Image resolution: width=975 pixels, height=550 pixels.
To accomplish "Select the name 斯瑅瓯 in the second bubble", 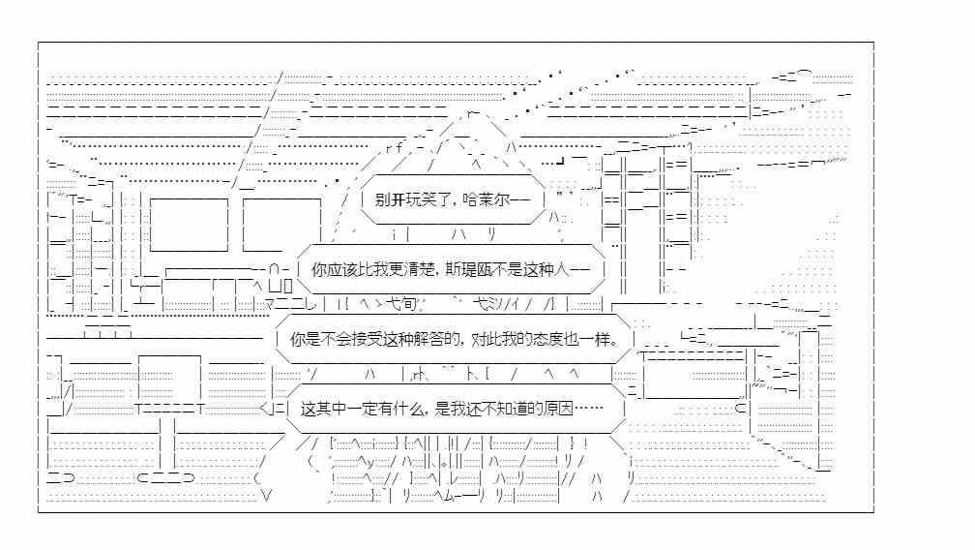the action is (468, 269).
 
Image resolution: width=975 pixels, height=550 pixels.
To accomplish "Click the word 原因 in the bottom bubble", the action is (558, 409).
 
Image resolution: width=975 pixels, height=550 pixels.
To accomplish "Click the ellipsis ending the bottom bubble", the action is (589, 409).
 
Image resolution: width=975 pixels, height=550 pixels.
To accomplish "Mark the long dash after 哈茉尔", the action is (521, 199).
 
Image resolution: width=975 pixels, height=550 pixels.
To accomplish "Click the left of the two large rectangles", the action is (189, 225).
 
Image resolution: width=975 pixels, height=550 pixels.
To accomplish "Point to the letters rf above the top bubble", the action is (395, 148).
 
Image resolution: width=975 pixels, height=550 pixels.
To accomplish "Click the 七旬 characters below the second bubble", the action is (400, 304).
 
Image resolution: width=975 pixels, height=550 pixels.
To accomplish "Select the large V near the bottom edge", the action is (266, 496).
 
